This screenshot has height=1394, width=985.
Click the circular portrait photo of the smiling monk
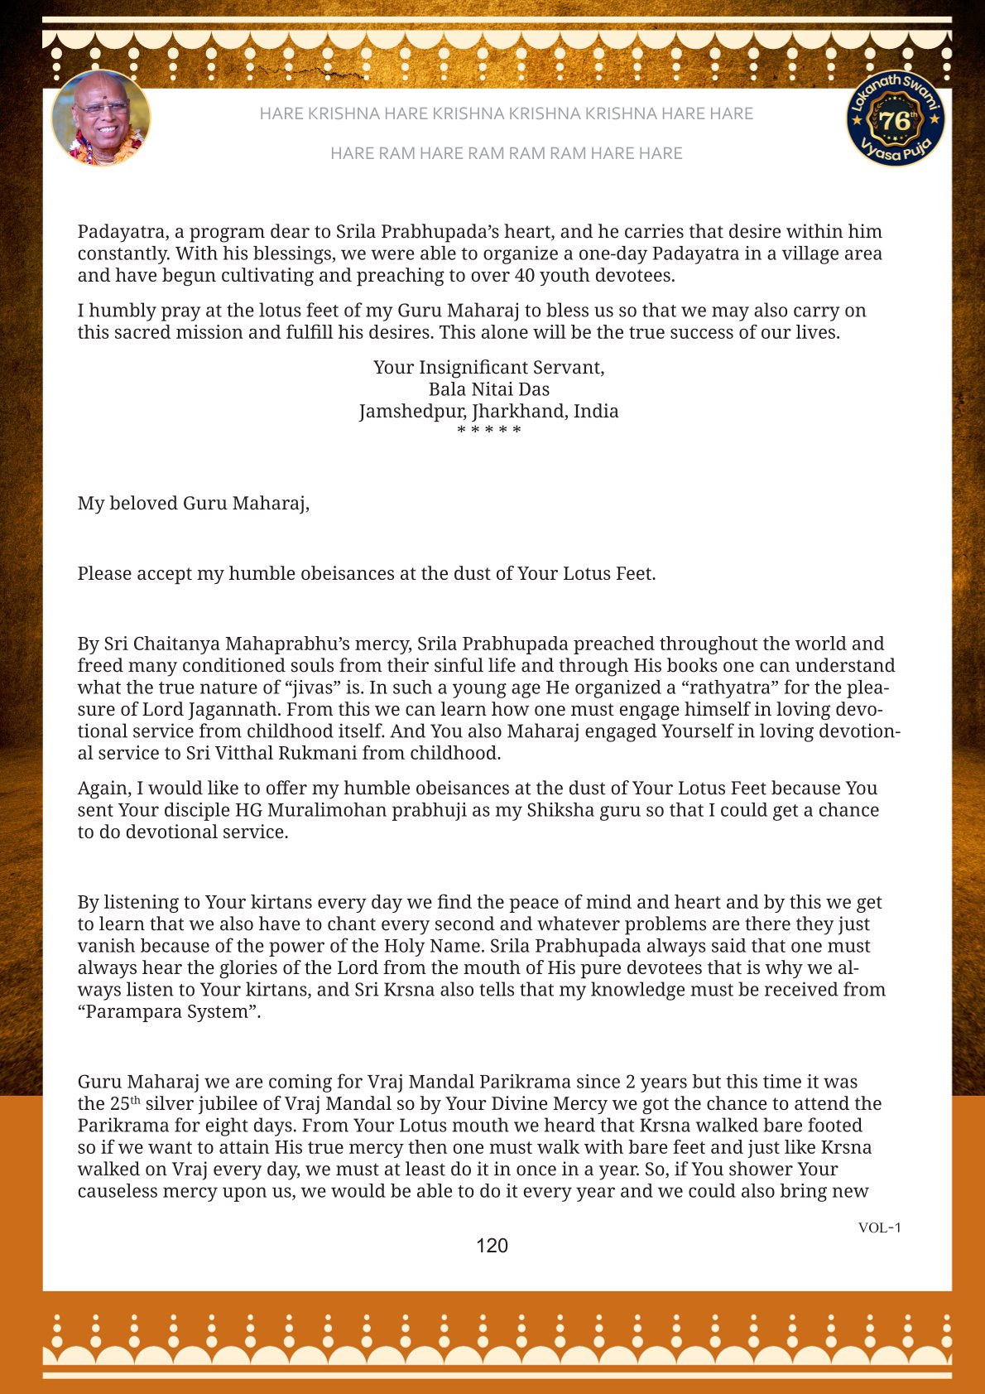pos(101,118)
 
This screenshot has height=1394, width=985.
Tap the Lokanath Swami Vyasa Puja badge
pos(896,118)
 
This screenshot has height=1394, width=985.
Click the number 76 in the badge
pos(894,121)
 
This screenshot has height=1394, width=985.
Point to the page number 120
pos(492,1246)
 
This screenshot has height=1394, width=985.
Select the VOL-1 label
pos(879,1228)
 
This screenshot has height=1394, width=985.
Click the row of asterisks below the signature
pos(489,431)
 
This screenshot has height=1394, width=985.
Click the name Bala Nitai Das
pos(489,389)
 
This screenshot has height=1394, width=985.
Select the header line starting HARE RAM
pos(506,153)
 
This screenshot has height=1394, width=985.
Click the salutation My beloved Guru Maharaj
pos(194,504)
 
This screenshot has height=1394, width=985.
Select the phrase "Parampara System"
pos(169,1012)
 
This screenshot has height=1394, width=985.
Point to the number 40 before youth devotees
pos(525,276)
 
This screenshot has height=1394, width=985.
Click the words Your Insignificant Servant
pos(489,368)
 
